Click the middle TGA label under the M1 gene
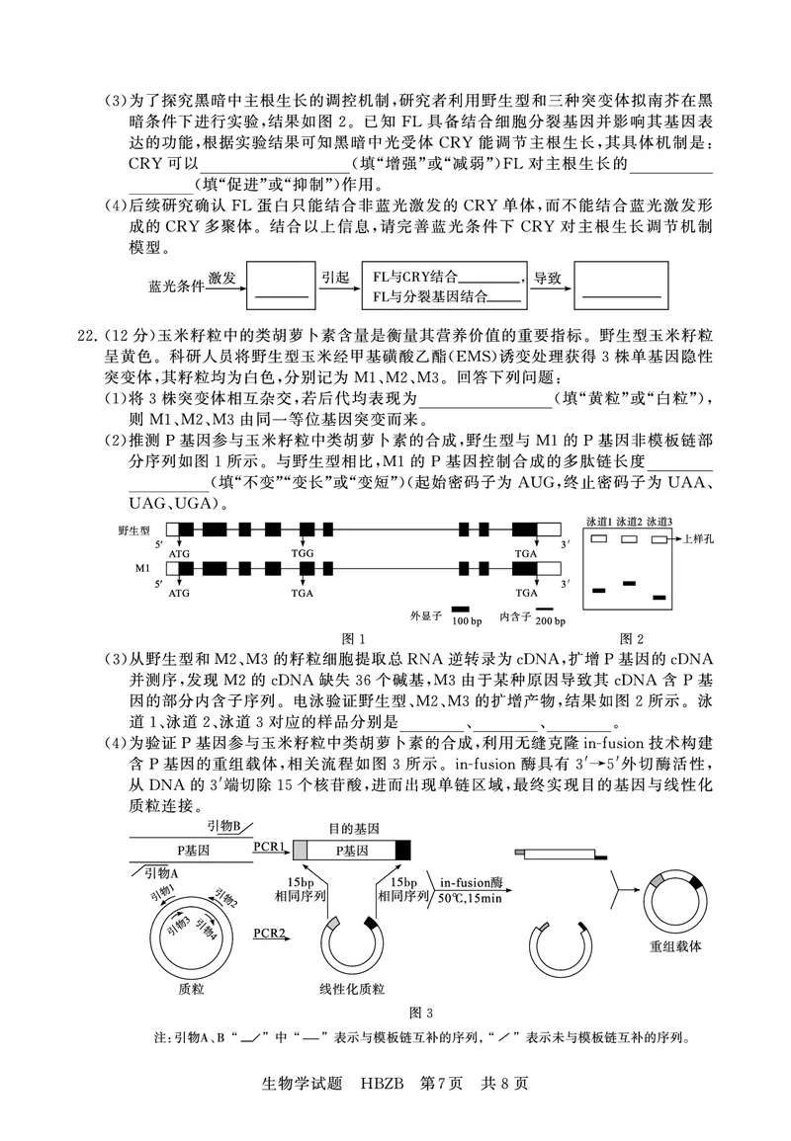coord(304,594)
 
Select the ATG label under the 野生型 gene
coord(181,554)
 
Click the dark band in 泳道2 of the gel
coord(629,584)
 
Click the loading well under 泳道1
coord(599,539)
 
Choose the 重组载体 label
coord(676,945)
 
